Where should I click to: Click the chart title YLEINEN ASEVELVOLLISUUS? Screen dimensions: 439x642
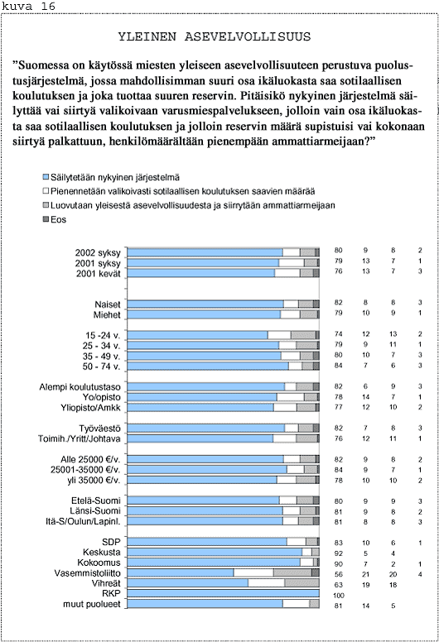[215, 37]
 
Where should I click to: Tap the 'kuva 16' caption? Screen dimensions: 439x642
[28, 6]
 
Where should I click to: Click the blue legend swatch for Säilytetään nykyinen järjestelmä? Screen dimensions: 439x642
[46, 177]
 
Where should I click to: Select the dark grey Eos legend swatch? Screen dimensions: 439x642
[46, 219]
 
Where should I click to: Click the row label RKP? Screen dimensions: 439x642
[111, 593]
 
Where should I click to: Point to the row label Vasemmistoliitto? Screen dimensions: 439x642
[87, 573]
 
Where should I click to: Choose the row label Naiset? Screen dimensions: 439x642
[108, 304]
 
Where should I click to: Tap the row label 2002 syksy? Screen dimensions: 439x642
[98, 252]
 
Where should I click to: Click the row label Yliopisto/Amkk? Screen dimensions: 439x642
[90, 407]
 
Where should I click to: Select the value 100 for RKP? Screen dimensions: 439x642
[338, 596]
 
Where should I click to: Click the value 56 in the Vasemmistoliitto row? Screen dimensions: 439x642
[338, 574]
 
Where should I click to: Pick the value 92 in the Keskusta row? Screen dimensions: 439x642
[338, 553]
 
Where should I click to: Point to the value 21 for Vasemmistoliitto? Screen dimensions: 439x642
[365, 574]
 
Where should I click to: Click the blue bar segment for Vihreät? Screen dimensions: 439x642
[188, 582]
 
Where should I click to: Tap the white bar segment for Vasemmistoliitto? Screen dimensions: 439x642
[253, 573]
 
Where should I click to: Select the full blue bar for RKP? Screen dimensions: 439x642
[224, 593]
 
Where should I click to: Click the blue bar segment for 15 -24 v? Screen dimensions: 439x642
[198, 335]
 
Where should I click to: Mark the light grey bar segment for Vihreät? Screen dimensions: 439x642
[302, 582]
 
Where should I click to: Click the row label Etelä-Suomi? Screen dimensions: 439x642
[96, 501]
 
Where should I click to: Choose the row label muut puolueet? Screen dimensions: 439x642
[92, 604]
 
